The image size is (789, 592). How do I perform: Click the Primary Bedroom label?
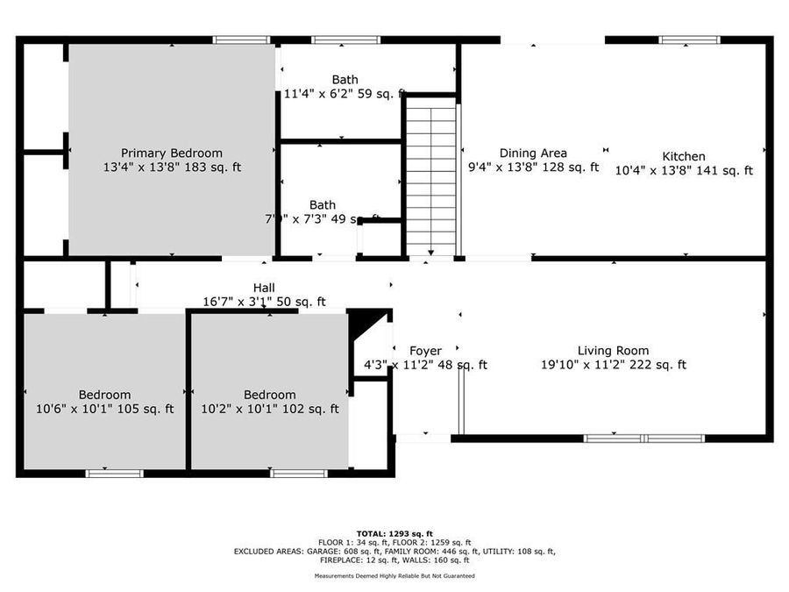coord(172,153)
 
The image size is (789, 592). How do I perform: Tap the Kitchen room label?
coord(684,157)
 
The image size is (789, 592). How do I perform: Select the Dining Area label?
coord(533,153)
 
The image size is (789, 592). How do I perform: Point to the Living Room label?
coord(613,351)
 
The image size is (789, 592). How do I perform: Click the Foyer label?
coord(426,351)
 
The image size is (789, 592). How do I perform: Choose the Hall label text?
coord(264,288)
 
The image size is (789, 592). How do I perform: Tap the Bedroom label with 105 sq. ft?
coord(104,395)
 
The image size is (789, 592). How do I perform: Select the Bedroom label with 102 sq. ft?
coord(270,395)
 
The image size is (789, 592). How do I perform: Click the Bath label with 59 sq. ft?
coord(345,80)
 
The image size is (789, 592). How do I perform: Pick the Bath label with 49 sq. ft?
coord(322,205)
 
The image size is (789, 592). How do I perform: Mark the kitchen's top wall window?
coord(689,39)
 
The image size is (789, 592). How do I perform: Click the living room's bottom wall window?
coord(644,438)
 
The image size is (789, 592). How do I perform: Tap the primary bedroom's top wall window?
coord(242,39)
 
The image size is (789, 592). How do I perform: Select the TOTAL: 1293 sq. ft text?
coord(394,533)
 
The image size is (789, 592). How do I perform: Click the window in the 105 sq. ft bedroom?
coord(114,474)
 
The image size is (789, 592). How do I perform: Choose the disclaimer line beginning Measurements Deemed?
coord(394,576)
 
